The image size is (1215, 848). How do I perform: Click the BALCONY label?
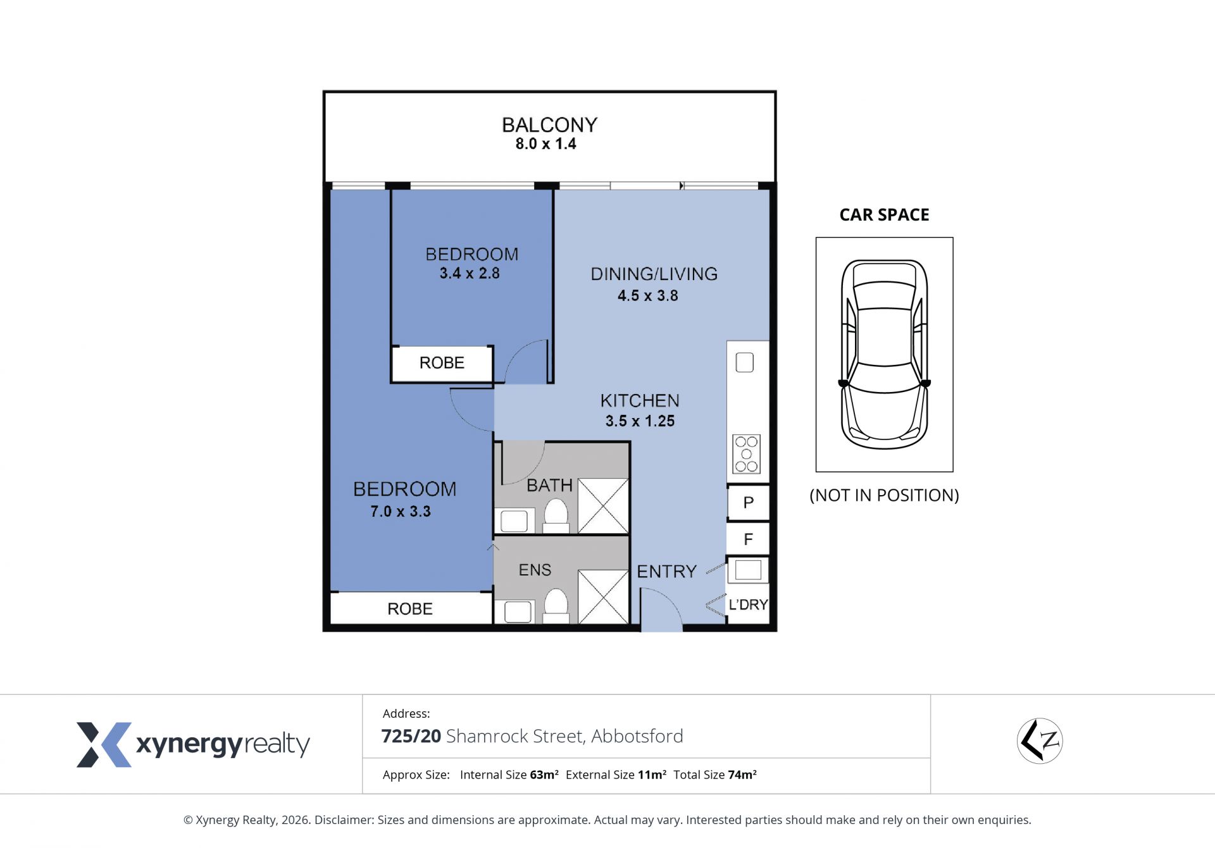(549, 125)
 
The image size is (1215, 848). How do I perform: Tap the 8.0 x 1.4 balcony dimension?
(545, 144)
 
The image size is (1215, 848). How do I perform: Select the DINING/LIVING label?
(654, 274)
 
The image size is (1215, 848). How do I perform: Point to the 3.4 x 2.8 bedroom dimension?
(470, 273)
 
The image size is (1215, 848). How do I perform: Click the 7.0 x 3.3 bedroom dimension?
(401, 511)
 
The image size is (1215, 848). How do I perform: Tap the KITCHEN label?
(640, 400)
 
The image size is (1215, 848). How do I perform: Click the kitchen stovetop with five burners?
(747, 454)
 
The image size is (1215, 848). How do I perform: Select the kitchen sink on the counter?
(745, 362)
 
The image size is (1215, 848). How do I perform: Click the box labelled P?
(748, 503)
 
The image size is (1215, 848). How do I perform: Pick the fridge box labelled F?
(748, 539)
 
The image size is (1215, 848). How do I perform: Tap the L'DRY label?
(748, 605)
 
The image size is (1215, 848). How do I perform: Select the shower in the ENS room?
(603, 597)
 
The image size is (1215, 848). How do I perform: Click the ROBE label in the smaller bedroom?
(442, 363)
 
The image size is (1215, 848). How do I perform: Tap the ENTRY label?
(666, 572)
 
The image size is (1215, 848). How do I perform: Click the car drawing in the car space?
(884, 354)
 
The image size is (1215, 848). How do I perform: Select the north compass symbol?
(1040, 740)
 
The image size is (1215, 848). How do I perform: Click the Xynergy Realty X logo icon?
(104, 744)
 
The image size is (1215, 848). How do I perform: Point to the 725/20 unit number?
(411, 736)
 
